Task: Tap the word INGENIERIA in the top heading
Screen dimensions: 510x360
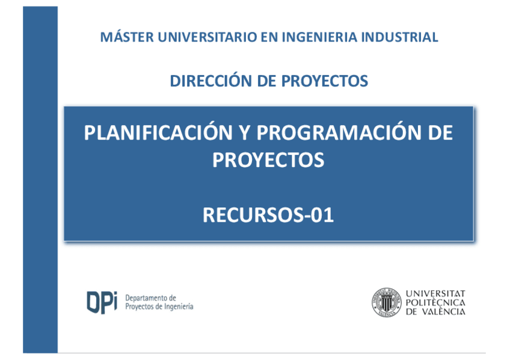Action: click(x=319, y=37)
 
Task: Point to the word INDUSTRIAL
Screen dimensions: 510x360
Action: click(x=400, y=37)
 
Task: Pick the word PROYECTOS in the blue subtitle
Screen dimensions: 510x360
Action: click(x=324, y=81)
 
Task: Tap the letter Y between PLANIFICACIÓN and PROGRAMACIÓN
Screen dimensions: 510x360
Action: click(x=245, y=133)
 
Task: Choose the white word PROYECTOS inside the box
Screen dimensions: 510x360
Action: click(x=268, y=160)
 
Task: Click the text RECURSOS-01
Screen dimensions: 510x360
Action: click(x=268, y=215)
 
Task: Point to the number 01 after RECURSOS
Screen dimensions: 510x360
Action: click(x=322, y=215)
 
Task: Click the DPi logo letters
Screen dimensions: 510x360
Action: click(x=102, y=302)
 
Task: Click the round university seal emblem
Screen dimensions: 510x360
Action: click(x=386, y=302)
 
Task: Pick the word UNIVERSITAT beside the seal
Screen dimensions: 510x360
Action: click(x=435, y=293)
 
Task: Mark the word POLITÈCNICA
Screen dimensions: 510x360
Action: click(x=435, y=302)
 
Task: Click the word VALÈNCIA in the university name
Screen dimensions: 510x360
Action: click(x=444, y=311)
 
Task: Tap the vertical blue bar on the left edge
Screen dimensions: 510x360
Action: click(x=40, y=179)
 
